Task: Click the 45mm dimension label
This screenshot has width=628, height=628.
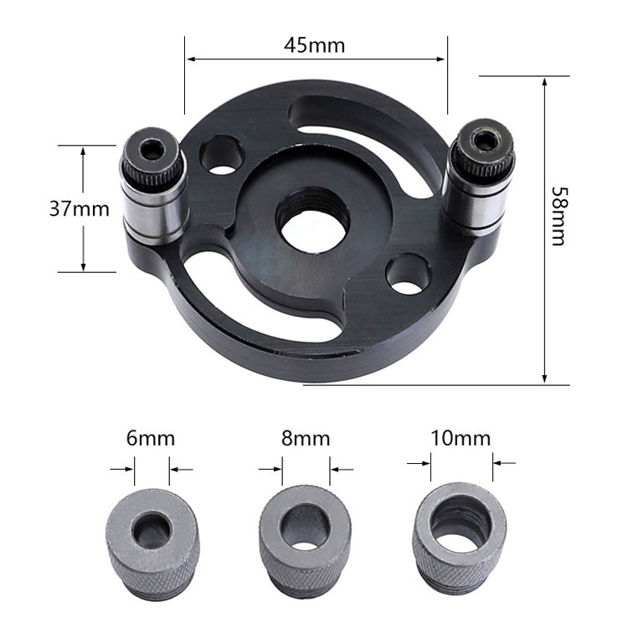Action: pyautogui.click(x=314, y=45)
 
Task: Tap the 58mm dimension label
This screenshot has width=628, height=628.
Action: pyautogui.click(x=559, y=215)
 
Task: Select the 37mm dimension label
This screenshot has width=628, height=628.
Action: pyautogui.click(x=79, y=208)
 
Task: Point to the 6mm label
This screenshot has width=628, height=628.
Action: pyautogui.click(x=152, y=438)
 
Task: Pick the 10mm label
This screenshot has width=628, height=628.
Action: pyautogui.click(x=460, y=438)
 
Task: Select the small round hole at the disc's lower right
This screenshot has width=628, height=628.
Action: pyautogui.click(x=409, y=275)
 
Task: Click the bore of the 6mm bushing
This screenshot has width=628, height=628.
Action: pyautogui.click(x=151, y=528)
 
